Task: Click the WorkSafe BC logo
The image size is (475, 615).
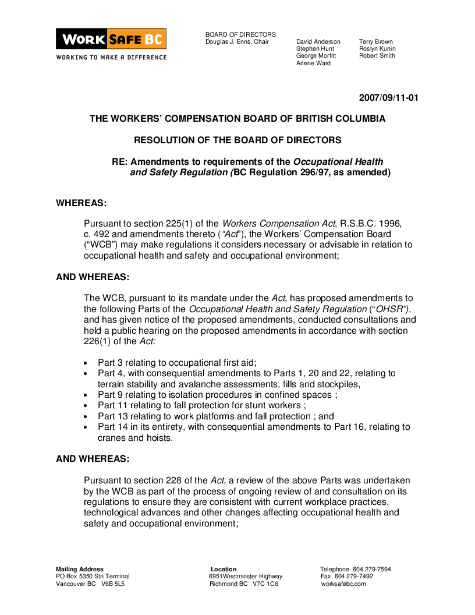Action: click(111, 39)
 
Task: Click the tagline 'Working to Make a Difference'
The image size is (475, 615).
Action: click(111, 58)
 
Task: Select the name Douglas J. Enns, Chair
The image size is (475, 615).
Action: click(237, 42)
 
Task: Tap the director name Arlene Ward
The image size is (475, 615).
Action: click(313, 63)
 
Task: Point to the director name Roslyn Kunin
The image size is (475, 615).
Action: click(377, 49)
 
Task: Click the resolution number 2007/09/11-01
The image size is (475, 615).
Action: click(388, 98)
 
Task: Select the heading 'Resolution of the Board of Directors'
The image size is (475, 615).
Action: click(238, 140)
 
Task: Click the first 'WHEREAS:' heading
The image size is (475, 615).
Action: click(81, 203)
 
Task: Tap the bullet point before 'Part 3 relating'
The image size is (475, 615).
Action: click(86, 362)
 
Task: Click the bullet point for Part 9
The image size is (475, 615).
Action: click(86, 395)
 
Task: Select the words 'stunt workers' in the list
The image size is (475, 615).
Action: click(274, 405)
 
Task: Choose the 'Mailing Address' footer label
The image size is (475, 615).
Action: click(80, 570)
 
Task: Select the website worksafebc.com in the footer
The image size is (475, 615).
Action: click(343, 584)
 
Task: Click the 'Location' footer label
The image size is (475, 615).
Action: click(224, 570)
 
